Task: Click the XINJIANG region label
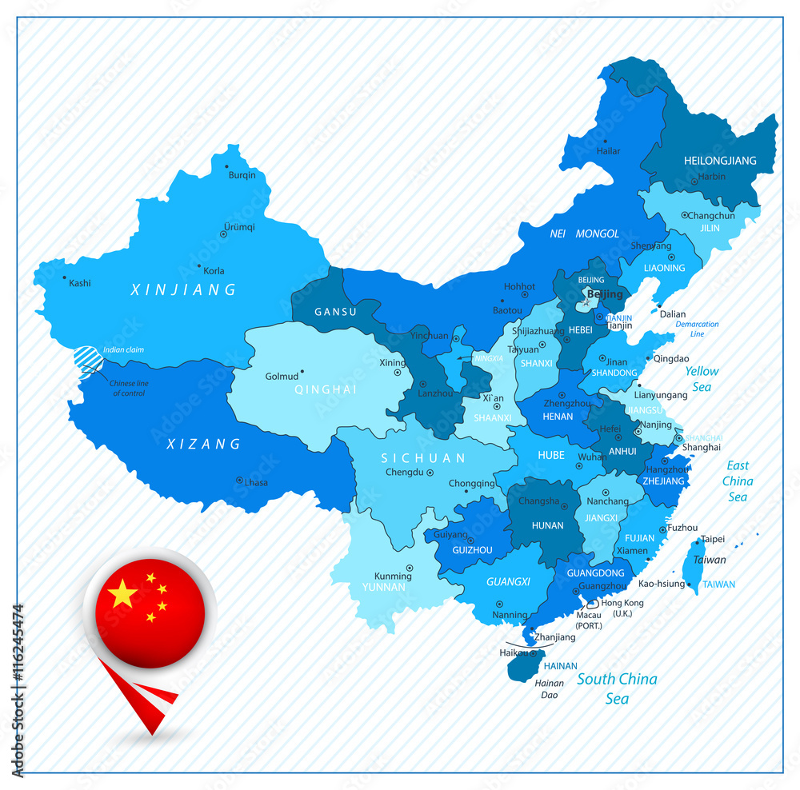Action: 184,289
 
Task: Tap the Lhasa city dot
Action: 239,480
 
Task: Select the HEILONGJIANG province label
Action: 720,161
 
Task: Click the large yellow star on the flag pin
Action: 122,594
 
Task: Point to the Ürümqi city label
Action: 239,226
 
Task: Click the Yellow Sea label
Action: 702,379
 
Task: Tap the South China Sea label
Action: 617,688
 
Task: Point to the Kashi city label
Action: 80,283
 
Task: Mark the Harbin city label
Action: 712,177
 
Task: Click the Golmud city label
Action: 281,376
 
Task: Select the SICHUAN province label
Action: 422,458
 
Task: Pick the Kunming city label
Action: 393,576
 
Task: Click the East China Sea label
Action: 738,481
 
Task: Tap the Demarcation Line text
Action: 697,329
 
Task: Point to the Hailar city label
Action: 608,151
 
